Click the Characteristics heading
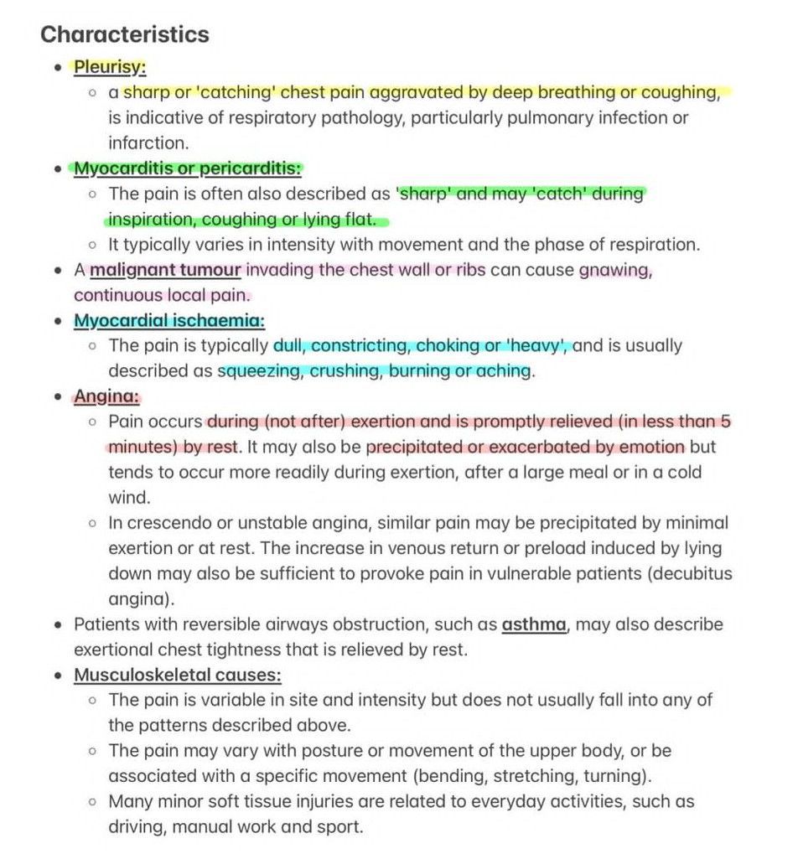[x=125, y=34]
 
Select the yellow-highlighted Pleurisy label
[x=110, y=66]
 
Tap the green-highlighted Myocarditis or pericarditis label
[x=187, y=168]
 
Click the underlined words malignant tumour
[x=166, y=270]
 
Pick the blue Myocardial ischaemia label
[x=169, y=320]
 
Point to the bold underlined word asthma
[x=534, y=624]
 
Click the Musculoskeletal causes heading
[x=177, y=675]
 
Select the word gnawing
[x=615, y=270]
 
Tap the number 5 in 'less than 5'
[x=725, y=422]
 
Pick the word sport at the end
[x=340, y=826]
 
